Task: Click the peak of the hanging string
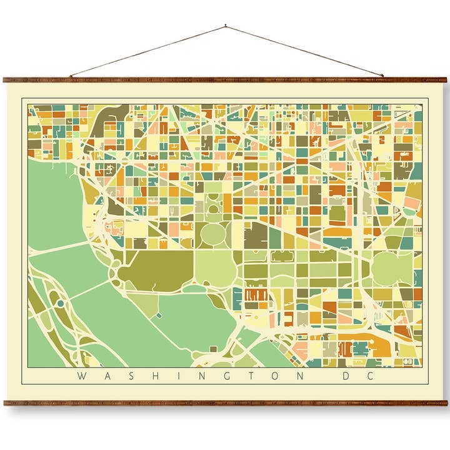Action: (226, 26)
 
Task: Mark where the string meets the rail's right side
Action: (382, 77)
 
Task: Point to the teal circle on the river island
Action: (60, 303)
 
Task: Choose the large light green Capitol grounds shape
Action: (392, 269)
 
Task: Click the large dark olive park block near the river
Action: (156, 270)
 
